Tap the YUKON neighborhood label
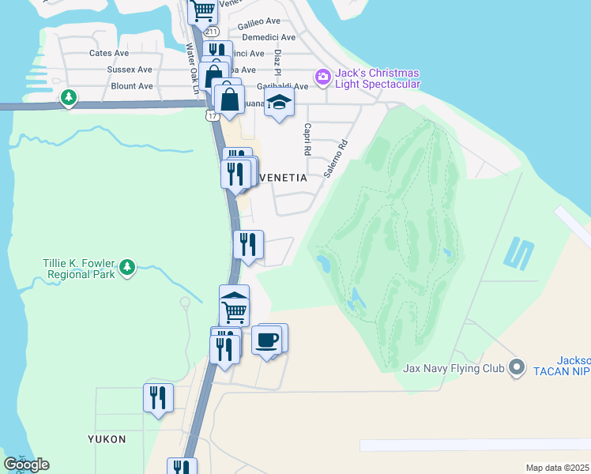107,438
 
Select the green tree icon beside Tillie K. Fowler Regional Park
126,269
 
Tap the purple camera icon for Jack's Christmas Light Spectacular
322,77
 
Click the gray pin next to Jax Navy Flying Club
517,367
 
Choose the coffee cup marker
267,340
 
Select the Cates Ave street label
109,53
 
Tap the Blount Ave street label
131,86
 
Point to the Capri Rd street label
307,140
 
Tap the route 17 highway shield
211,116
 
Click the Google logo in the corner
26,465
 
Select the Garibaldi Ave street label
281,86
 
